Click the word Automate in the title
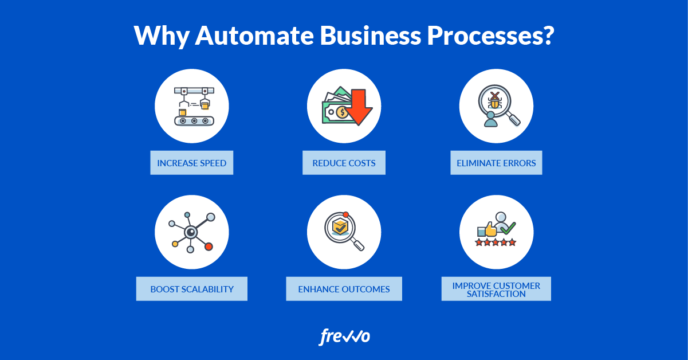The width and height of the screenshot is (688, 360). [254, 36]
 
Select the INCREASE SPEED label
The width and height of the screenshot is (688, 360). [192, 163]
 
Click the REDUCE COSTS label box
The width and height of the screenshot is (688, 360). [344, 163]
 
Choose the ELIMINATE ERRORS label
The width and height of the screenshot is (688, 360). [496, 163]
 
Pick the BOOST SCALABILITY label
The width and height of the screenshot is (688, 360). [192, 289]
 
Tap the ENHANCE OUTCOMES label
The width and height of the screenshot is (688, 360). [344, 289]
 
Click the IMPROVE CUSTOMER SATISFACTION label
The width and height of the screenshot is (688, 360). [496, 289]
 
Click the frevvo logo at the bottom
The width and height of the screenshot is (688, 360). [344, 336]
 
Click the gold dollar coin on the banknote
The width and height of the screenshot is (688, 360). [342, 112]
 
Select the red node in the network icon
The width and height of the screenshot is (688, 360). [209, 246]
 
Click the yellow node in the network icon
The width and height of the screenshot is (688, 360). [175, 244]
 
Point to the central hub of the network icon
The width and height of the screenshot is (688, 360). [191, 232]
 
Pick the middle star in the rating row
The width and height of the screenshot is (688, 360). [496, 242]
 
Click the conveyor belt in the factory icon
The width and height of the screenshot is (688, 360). [194, 121]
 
